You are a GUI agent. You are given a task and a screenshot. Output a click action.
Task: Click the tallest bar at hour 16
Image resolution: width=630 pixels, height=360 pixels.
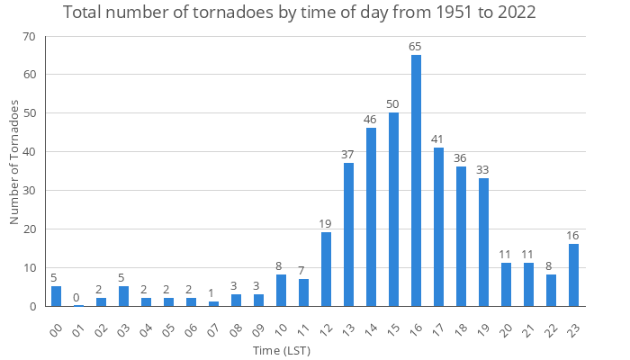point(416,180)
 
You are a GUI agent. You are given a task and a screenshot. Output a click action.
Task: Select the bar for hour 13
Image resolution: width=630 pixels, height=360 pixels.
point(348,234)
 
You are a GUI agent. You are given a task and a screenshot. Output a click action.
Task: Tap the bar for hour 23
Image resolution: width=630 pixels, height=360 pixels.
point(573,274)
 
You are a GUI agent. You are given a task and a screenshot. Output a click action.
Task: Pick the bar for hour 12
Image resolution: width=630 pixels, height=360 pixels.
point(326,269)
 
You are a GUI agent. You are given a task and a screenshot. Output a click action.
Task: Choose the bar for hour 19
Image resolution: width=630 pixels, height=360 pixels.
point(483,242)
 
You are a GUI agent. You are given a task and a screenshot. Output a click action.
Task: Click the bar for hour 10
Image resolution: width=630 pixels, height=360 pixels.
point(281,290)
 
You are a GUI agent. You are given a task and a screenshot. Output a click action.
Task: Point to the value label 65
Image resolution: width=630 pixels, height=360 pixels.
point(416,47)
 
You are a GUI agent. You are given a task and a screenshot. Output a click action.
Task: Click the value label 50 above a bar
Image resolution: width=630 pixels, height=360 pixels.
point(393,104)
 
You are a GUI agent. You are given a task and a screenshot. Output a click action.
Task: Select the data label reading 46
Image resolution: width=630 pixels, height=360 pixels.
point(371,120)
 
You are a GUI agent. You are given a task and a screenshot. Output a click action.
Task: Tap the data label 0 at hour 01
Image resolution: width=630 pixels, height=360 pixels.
point(78,297)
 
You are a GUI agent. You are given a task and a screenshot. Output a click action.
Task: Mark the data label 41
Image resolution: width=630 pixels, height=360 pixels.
point(438,139)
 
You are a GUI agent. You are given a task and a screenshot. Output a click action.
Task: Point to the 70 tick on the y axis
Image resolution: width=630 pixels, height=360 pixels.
point(29,37)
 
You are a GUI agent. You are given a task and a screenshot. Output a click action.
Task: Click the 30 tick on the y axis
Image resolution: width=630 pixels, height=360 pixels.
point(29,191)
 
